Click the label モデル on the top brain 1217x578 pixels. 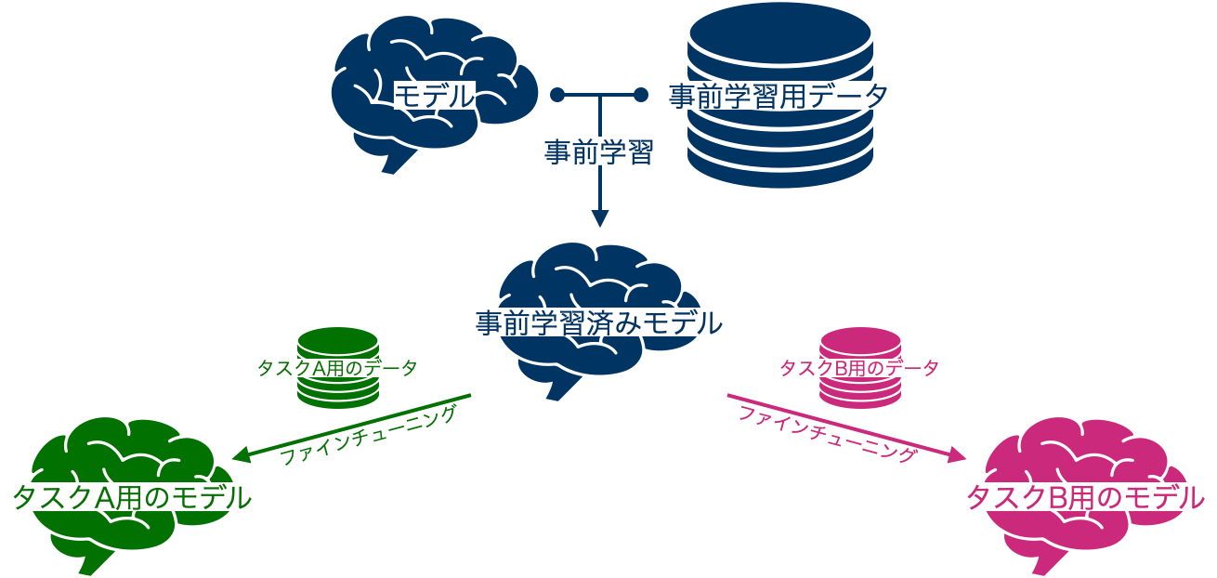[x=435, y=96]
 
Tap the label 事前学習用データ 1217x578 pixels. [x=779, y=96]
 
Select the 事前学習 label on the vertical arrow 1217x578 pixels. [x=599, y=151]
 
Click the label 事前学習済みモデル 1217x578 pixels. [x=599, y=323]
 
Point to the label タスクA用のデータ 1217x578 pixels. [x=337, y=368]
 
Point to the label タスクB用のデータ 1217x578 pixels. [x=859, y=368]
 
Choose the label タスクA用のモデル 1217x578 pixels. [x=132, y=497]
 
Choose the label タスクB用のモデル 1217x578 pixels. [x=1086, y=498]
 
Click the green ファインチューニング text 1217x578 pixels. [x=370, y=434]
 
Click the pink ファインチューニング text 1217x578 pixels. [x=828, y=434]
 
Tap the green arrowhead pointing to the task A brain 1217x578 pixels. [x=240, y=455]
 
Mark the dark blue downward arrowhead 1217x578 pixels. [x=600, y=219]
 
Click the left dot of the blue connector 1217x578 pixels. [x=557, y=95]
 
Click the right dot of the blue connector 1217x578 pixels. [x=640, y=95]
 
